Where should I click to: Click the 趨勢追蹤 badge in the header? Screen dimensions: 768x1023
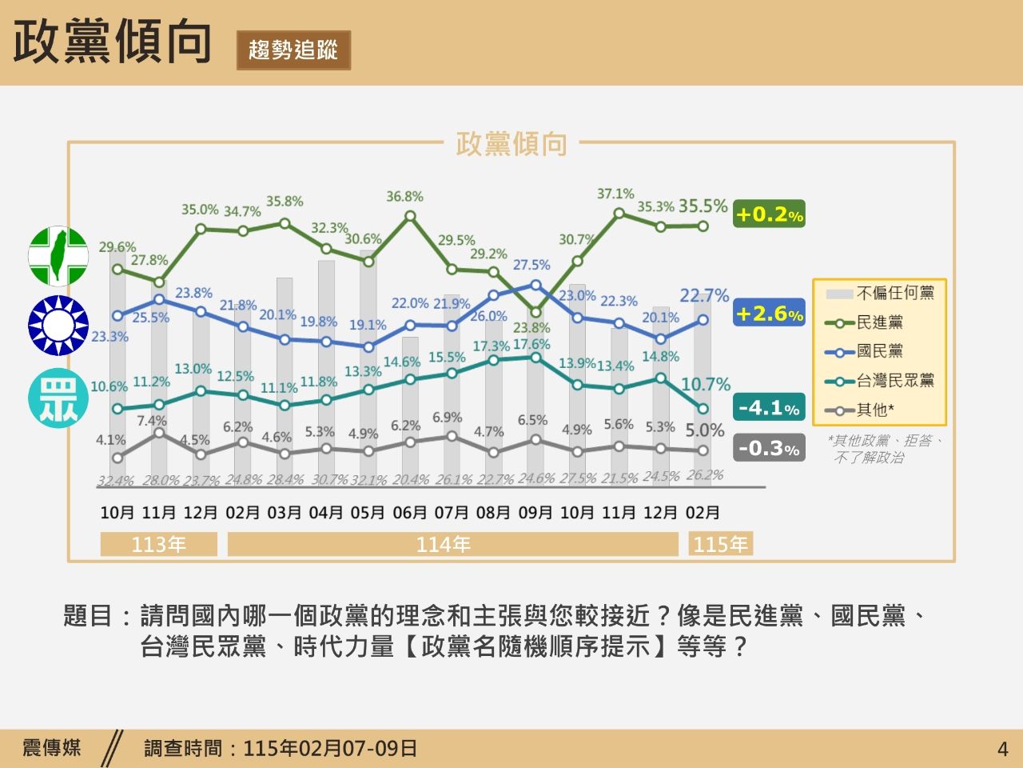coord(293,50)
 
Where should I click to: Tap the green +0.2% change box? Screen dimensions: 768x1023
coord(769,214)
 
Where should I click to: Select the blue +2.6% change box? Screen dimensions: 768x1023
coord(769,314)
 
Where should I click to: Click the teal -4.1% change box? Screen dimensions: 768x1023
coord(769,408)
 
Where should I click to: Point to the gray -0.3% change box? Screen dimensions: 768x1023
coord(769,448)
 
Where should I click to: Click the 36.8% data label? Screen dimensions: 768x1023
coord(404,197)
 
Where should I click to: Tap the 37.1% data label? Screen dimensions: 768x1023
coord(615,194)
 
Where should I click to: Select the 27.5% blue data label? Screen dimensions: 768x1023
coord(531,265)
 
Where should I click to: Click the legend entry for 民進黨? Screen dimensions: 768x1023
coord(879,322)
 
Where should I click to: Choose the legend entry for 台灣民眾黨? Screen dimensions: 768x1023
coord(894,381)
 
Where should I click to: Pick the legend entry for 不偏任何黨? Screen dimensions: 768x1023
coord(894,293)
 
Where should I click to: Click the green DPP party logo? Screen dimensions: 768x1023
coord(58,256)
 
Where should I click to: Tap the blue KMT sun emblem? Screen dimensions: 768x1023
coord(58,326)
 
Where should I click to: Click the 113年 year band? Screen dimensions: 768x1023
coord(158,545)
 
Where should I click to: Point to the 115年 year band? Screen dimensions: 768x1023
coord(720,545)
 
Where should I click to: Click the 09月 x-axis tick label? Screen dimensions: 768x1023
coord(535,513)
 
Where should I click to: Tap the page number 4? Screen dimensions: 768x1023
coord(1003,750)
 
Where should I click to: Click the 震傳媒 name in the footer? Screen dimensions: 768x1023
coord(52,748)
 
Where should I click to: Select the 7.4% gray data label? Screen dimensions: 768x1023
coord(152,421)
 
